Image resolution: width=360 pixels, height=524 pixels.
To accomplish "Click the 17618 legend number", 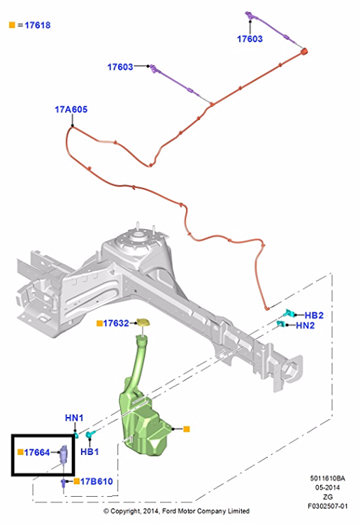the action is click(38, 25).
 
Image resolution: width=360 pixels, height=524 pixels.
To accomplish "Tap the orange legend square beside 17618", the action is click(12, 24).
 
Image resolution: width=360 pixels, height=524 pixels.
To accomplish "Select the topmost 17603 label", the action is click(250, 39).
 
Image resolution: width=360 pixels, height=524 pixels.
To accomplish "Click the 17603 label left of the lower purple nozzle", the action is click(120, 67).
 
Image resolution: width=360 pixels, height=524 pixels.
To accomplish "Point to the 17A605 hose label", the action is click(71, 110).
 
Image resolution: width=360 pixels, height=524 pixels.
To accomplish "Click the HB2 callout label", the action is click(314, 316).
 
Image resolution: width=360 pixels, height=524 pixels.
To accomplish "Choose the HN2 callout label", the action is click(305, 326).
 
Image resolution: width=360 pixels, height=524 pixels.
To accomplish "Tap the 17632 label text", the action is click(116, 323).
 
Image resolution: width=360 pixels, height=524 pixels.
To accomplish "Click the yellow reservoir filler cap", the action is click(143, 323).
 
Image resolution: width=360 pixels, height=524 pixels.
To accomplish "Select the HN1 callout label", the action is click(74, 418).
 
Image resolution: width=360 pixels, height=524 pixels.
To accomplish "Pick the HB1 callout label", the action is click(89, 452).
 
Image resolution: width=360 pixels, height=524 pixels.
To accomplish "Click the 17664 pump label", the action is click(37, 453).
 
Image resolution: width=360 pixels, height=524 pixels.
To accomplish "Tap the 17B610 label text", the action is click(96, 481).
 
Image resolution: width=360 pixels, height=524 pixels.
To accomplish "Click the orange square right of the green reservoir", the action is click(187, 429).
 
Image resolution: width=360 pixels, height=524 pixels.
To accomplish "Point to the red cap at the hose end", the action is click(304, 52).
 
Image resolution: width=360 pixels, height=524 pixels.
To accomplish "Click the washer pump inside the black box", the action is click(64, 455).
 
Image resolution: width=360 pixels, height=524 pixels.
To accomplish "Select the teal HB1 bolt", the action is click(90, 435).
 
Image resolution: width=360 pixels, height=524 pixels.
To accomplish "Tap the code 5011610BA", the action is click(327, 479).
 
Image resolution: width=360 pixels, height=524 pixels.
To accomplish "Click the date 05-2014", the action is click(327, 488).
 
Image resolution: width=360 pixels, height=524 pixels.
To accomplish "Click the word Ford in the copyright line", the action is click(169, 511).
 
